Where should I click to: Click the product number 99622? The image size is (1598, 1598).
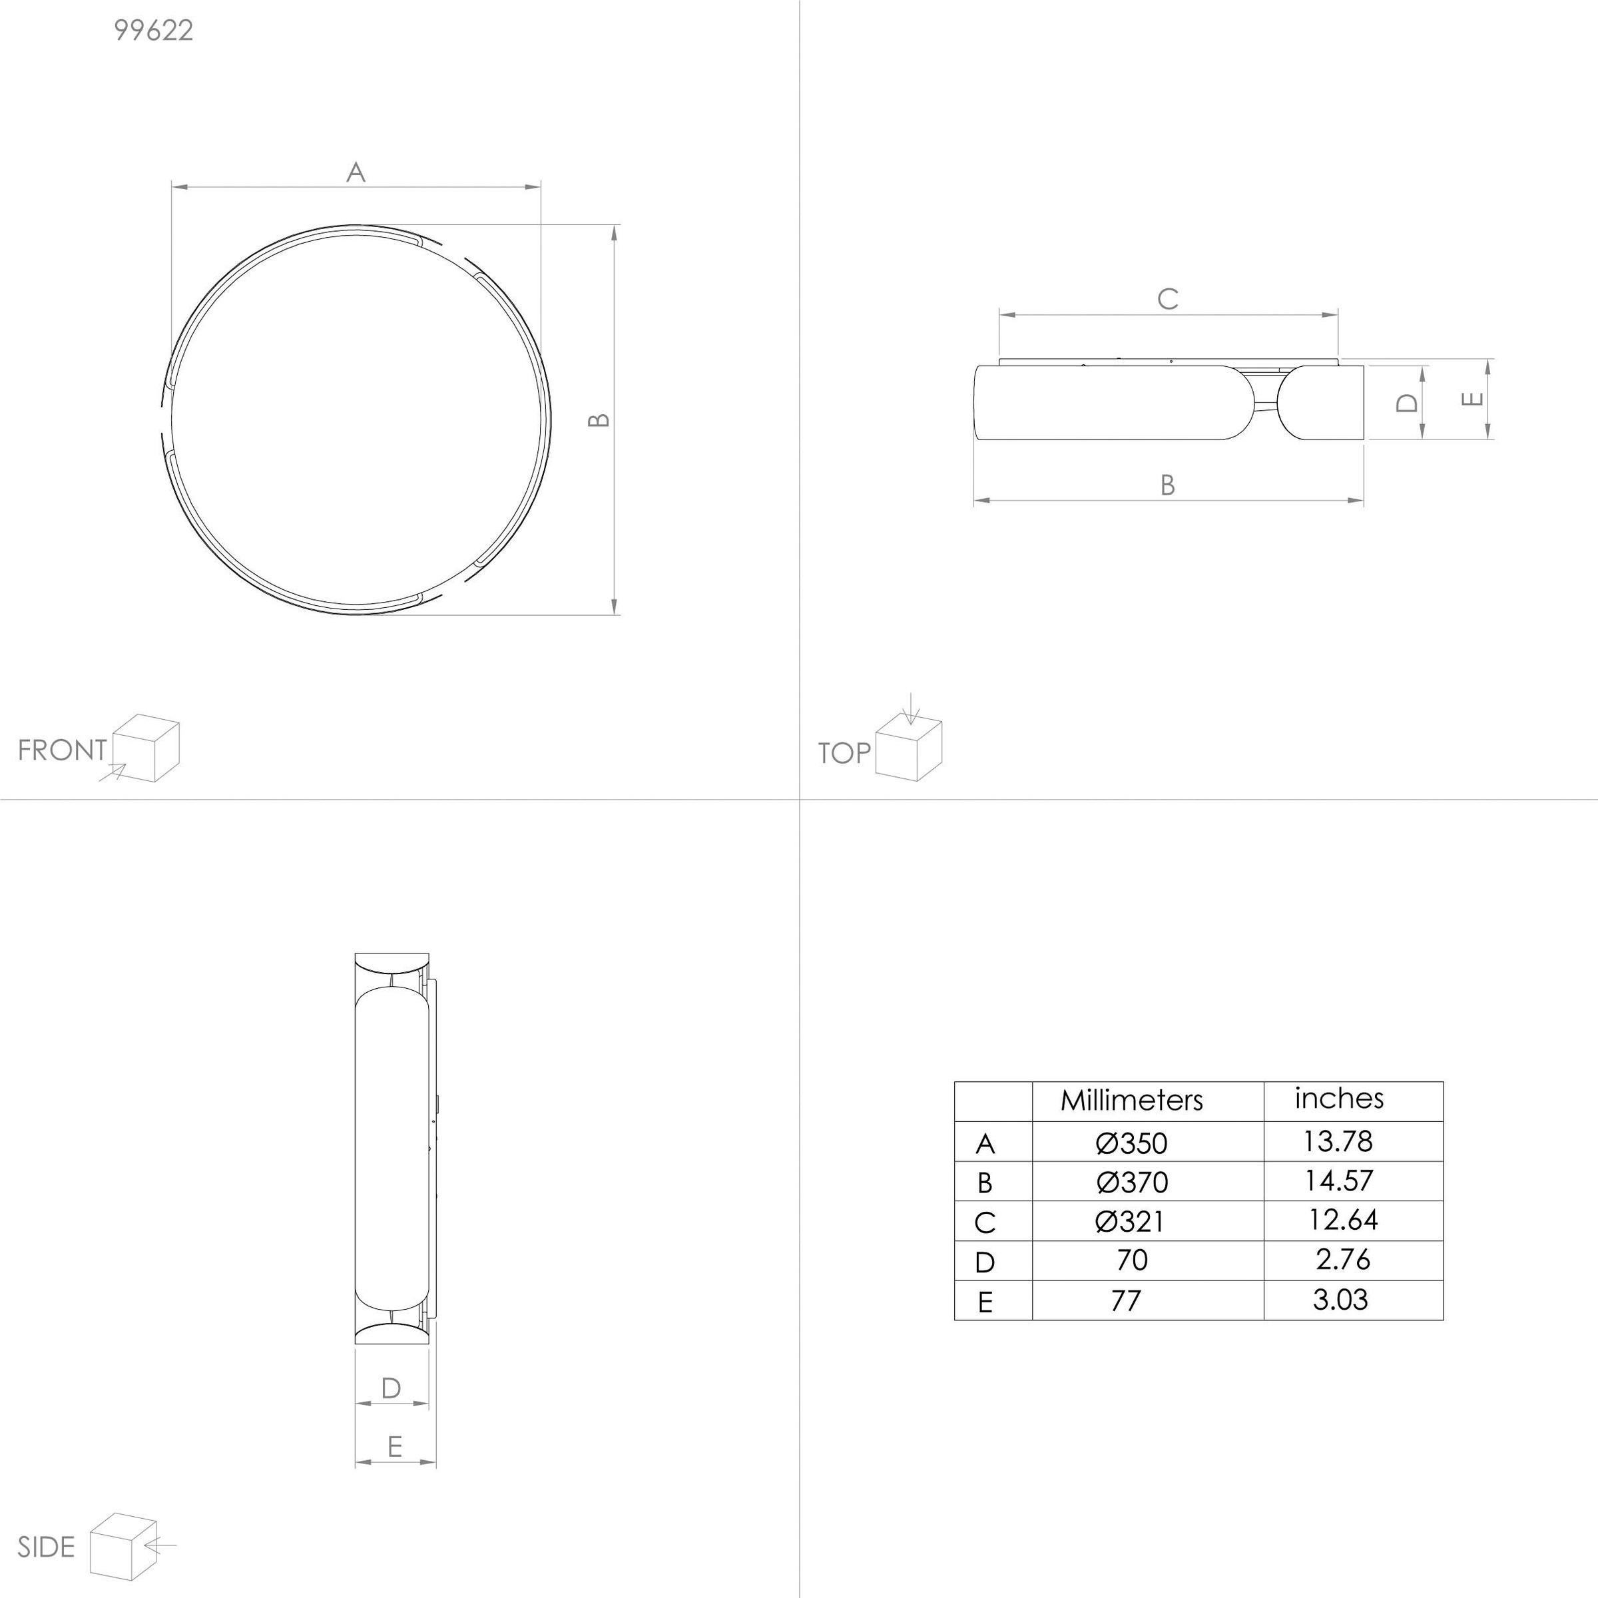[154, 31]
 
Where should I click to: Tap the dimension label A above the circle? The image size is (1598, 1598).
[356, 172]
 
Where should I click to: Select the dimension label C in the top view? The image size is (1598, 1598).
[1168, 298]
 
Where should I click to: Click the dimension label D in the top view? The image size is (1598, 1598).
[1407, 403]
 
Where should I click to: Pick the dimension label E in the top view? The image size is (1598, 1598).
[1472, 399]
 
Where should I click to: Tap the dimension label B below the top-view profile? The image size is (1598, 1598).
[1168, 485]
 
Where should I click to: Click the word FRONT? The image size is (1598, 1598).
[63, 750]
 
